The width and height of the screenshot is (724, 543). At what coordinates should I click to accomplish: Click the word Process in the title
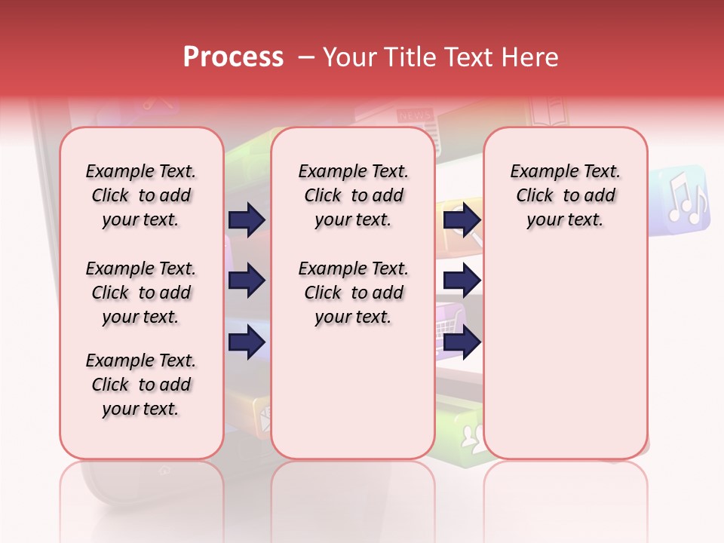[233, 57]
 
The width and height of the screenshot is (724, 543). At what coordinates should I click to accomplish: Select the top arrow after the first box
[247, 219]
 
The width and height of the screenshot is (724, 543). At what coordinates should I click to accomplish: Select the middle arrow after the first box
[247, 281]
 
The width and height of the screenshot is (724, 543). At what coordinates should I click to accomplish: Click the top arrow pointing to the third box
[462, 219]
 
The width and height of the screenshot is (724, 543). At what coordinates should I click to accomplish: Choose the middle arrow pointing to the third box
[462, 281]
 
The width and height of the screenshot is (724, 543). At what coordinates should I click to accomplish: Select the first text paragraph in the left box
[140, 195]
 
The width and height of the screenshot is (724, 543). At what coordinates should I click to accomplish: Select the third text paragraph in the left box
[140, 385]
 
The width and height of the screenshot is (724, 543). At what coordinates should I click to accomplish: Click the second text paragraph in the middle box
[353, 293]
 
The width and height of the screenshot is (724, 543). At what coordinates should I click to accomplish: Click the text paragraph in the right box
[565, 195]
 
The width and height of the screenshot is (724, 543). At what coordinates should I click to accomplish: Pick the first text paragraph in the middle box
[353, 195]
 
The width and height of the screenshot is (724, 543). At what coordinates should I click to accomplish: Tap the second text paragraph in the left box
[140, 293]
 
